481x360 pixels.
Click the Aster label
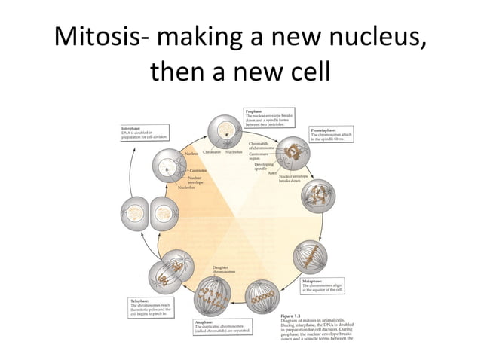[x=273, y=173]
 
